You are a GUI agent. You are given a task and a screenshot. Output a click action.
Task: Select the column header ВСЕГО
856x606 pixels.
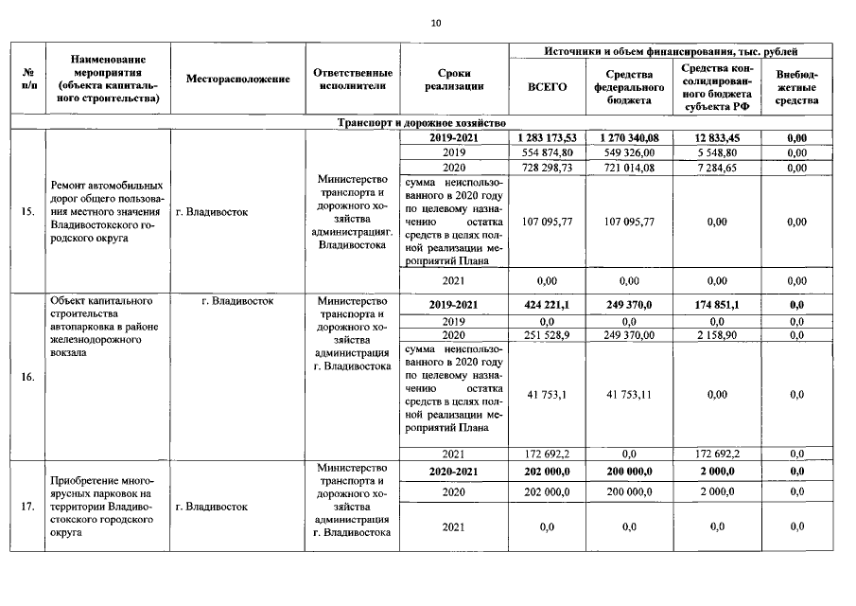tap(547, 87)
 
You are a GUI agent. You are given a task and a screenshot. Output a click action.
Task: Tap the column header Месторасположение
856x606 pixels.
tap(237, 80)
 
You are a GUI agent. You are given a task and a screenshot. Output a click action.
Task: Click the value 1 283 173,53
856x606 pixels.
tap(547, 138)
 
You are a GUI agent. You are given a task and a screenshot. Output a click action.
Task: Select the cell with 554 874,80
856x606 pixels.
tap(547, 152)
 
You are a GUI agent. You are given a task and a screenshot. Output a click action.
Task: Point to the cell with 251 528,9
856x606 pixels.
tap(547, 336)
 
